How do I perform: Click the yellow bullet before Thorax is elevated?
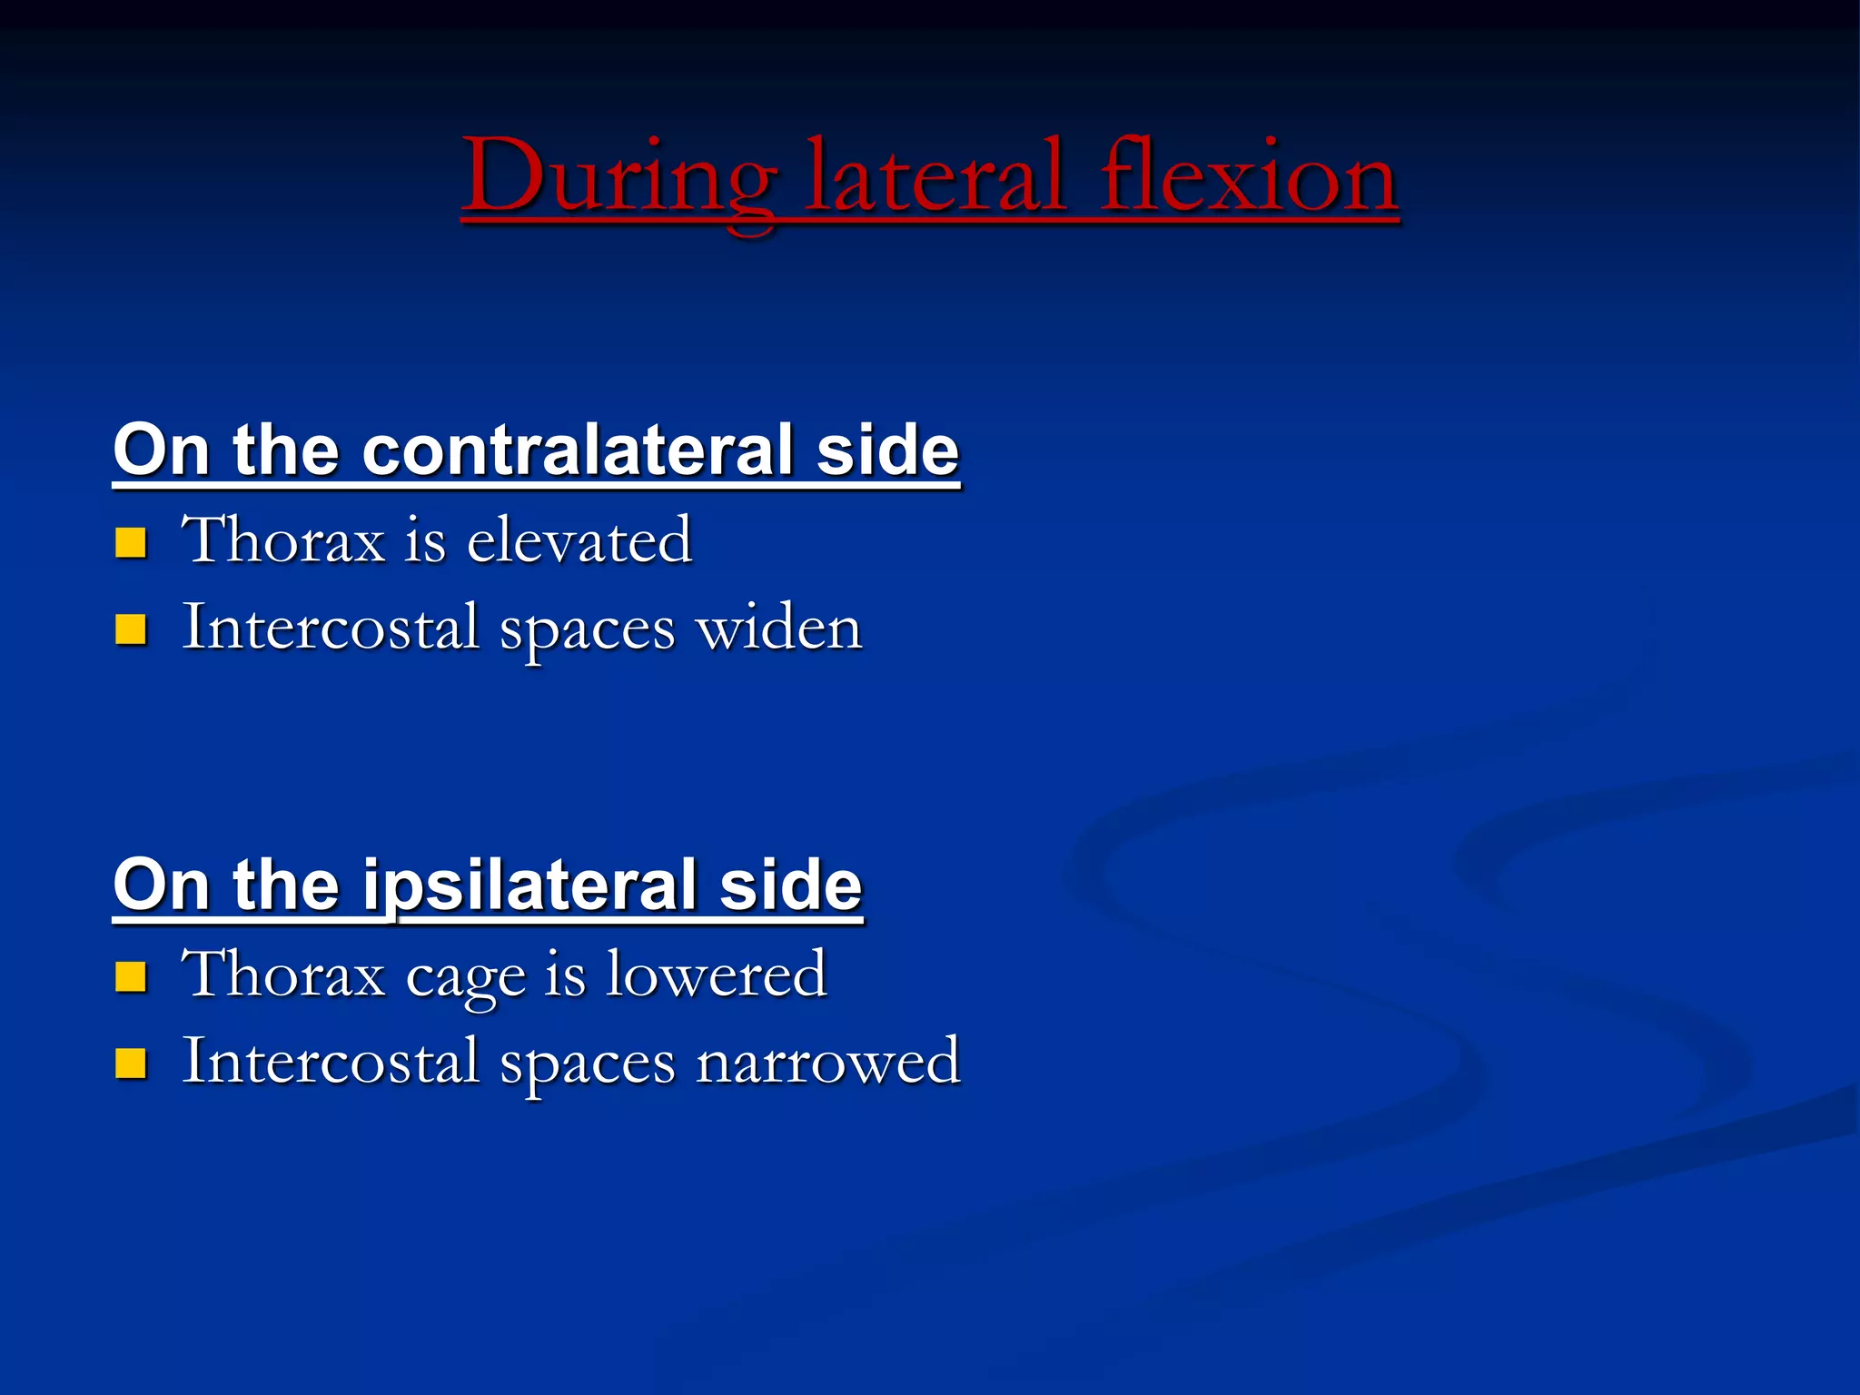(131, 542)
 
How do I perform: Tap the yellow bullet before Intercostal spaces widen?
(131, 628)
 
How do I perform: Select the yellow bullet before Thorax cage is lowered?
(131, 976)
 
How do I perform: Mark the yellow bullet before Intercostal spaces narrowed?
(131, 1063)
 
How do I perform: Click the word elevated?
(579, 539)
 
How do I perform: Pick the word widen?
(778, 628)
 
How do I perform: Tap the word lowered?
(717, 974)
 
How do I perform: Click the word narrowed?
(827, 1062)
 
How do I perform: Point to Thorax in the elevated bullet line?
(284, 539)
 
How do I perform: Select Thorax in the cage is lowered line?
(284, 974)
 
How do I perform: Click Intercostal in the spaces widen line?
(331, 628)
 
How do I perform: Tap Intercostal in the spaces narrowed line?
(331, 1062)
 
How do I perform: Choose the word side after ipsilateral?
(790, 885)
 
